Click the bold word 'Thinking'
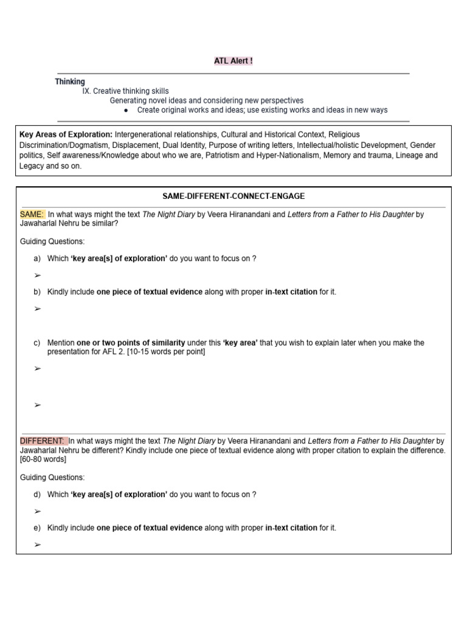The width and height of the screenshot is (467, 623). [70, 82]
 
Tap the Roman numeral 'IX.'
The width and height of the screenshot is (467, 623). [86, 91]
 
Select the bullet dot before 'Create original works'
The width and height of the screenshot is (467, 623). [125, 110]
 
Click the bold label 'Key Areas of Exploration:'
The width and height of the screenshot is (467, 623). [66, 134]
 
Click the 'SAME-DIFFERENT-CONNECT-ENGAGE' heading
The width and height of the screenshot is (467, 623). [233, 196]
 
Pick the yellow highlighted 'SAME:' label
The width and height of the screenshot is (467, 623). [32, 214]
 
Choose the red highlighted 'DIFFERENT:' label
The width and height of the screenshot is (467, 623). [43, 441]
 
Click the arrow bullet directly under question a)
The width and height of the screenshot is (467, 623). [38, 276]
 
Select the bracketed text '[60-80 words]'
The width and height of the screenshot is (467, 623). [43, 459]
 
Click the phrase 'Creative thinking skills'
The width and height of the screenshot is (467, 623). [131, 91]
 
